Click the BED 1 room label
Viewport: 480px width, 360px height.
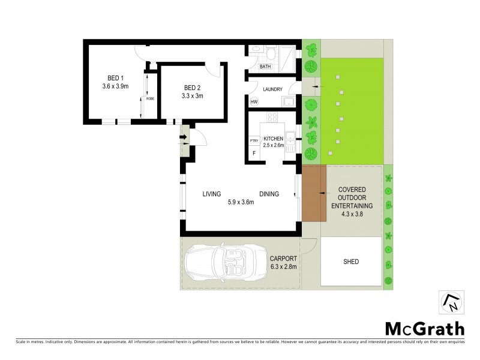115,77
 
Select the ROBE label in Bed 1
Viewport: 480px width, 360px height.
150,98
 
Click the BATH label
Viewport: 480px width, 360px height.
265,67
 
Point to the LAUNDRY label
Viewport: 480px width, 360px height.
271,89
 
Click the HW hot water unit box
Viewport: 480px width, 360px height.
254,102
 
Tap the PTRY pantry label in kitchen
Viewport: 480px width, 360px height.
254,141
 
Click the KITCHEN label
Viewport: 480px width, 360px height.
273,139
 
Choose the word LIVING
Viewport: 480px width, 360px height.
211,194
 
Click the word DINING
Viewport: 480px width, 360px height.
269,194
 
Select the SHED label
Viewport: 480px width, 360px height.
351,262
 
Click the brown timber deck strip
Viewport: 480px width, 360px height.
311,193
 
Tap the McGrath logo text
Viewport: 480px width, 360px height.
424,328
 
